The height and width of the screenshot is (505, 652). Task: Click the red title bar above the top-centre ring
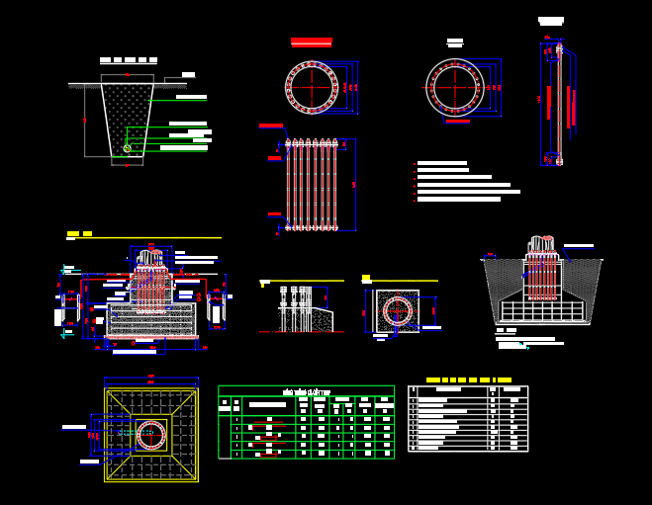[x=312, y=42]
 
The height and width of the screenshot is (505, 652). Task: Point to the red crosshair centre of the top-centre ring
[x=313, y=87]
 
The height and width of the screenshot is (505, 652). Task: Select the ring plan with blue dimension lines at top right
[x=455, y=87]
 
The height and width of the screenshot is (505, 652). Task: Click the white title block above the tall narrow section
[x=551, y=21]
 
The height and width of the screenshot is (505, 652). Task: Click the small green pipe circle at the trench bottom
[x=127, y=148]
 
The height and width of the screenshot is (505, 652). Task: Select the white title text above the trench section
[x=129, y=60]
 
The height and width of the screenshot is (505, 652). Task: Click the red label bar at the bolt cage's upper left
[x=270, y=126]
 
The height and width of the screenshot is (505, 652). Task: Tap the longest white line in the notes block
[x=469, y=192]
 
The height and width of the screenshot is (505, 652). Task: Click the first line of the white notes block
[x=441, y=163]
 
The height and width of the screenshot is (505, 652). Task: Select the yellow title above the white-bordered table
[x=469, y=379]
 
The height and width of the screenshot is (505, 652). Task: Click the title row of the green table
[x=306, y=391]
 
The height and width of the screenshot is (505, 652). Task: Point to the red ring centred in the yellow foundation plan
[x=151, y=435]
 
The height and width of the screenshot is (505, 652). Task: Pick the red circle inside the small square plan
[x=397, y=311]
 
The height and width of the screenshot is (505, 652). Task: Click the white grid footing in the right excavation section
[x=541, y=311]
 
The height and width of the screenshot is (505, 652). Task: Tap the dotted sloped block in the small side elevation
[x=323, y=320]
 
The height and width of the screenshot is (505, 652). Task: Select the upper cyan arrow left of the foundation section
[x=66, y=269]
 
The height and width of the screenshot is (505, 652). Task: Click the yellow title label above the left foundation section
[x=79, y=234]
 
